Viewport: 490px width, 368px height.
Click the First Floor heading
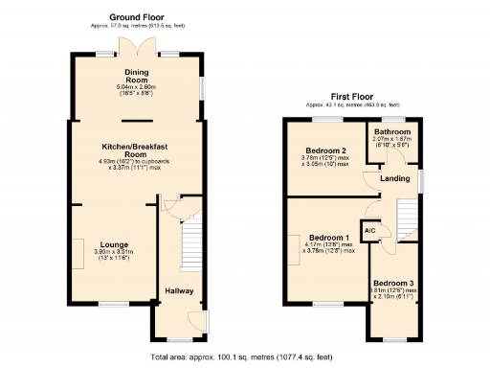352,97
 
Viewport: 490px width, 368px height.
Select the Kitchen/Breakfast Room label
137,149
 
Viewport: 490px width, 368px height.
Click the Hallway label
179,291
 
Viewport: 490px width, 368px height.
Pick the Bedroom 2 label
325,151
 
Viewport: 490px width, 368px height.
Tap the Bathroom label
392,132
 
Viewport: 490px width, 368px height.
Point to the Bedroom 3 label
392,283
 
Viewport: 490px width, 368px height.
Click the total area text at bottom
241,357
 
